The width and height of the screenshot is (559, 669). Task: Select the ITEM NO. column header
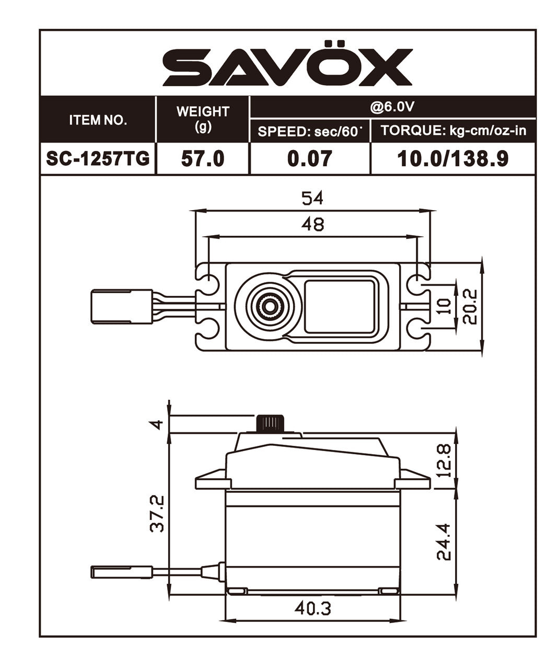98,120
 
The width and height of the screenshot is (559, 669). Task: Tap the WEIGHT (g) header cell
203,119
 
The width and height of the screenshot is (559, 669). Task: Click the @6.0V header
392,107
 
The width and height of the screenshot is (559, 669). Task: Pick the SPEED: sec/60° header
310,131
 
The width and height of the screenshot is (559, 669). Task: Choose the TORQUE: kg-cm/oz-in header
453,131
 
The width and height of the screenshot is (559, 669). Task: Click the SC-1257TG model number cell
98,158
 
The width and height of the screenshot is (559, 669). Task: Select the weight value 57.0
203,158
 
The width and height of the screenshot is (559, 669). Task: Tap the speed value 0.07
310,158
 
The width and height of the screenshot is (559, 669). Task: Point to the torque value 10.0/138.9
453,158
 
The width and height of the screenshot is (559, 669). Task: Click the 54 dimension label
312,198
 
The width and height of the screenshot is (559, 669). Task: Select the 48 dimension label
312,224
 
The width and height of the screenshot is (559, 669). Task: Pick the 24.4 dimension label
444,542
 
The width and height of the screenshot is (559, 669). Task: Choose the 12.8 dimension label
444,460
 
